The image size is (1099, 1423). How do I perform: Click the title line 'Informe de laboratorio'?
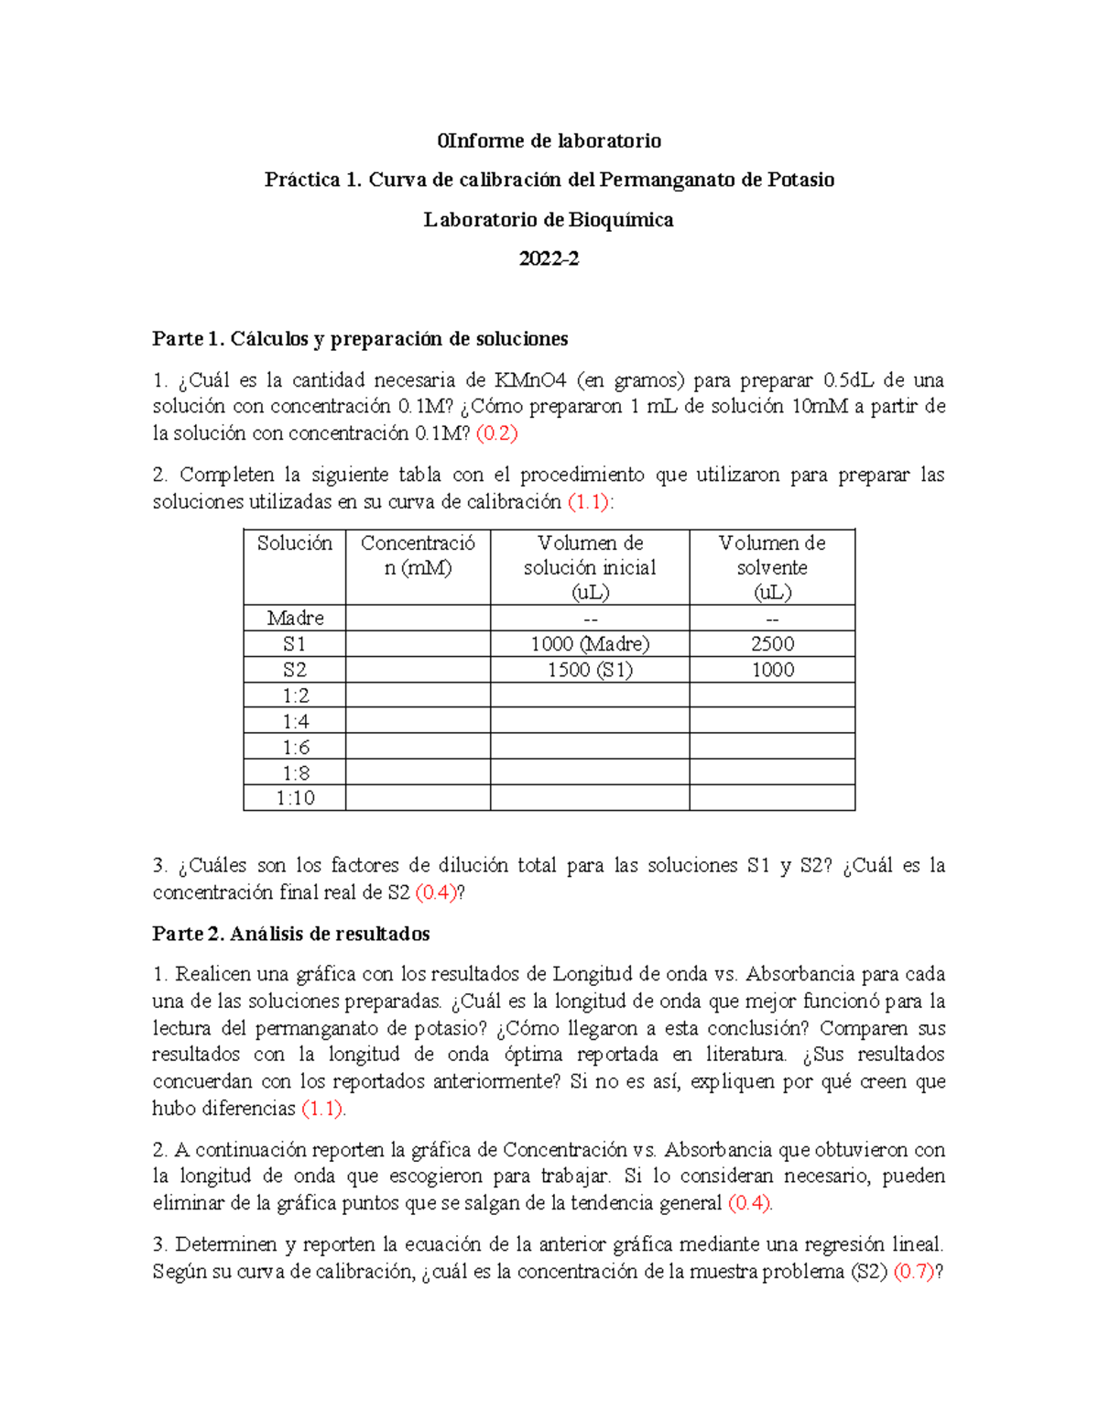[x=549, y=140]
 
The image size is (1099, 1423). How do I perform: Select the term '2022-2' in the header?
[x=549, y=258]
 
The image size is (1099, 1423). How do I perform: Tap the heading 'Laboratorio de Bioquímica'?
[x=549, y=219]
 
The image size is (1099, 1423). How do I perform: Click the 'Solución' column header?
[x=294, y=543]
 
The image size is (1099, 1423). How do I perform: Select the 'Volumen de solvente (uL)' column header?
[x=772, y=567]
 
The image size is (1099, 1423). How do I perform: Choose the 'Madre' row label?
[x=294, y=618]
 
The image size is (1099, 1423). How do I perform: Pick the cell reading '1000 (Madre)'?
[x=590, y=644]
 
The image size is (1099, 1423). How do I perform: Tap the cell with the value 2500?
[x=772, y=644]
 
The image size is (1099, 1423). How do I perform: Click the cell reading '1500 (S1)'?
[x=590, y=670]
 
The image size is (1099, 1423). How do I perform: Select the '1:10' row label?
[x=294, y=798]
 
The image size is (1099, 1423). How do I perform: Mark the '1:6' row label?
[x=294, y=747]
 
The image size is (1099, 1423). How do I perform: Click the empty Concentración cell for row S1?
[x=418, y=644]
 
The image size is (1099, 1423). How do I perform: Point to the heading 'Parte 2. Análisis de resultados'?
[x=291, y=934]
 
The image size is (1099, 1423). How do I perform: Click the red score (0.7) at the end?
[x=913, y=1272]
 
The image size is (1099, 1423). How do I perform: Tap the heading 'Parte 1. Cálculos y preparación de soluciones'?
[x=360, y=339]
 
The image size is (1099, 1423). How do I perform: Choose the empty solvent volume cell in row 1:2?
[x=772, y=695]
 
